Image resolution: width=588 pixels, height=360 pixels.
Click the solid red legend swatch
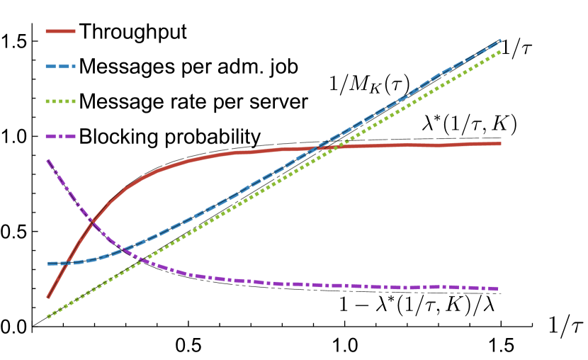60,31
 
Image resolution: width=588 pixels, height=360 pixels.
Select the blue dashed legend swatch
60,67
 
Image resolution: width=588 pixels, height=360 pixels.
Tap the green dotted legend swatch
60,101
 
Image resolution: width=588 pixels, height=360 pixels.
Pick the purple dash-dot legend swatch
60,136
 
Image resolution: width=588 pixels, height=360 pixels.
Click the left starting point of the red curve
48,297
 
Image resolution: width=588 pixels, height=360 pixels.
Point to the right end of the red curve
501,144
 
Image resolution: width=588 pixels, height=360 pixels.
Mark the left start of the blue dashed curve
48,264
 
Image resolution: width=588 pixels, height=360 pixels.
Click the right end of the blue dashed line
501,40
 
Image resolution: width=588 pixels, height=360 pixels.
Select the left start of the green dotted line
48,317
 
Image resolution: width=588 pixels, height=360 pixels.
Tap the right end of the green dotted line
501,51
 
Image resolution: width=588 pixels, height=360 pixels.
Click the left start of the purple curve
48,161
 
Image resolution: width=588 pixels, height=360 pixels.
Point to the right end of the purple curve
498,288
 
